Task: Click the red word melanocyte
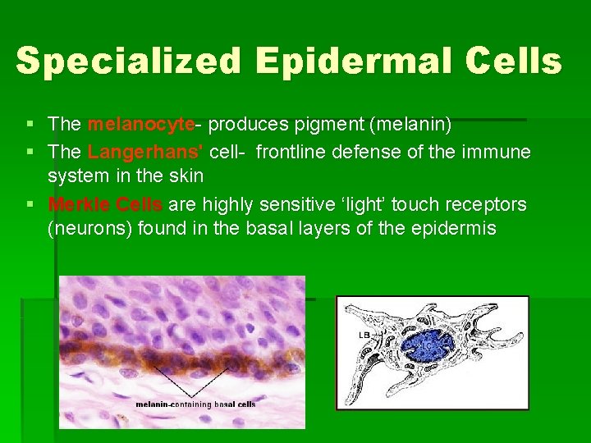pyautogui.click(x=140, y=125)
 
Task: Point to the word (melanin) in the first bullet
pyautogui.click(x=410, y=125)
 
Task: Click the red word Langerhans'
pyautogui.click(x=145, y=152)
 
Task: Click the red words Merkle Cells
pyautogui.click(x=105, y=203)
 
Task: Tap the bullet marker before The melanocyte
pyautogui.click(x=30, y=125)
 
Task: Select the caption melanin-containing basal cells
pyautogui.click(x=195, y=404)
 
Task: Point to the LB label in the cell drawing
pyautogui.click(x=362, y=336)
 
